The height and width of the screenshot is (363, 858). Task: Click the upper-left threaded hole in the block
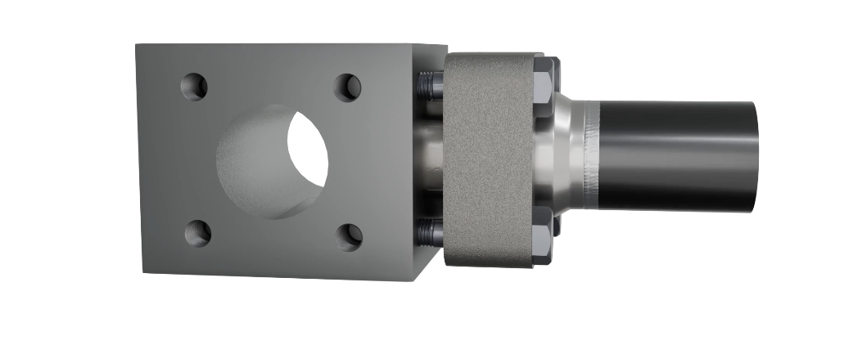point(194,86)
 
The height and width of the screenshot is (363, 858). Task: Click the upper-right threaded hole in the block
point(348,87)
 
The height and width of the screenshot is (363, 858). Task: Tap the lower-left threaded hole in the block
point(197,233)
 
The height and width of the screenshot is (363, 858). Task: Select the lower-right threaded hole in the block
point(350,237)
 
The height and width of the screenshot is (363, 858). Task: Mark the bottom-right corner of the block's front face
point(416,280)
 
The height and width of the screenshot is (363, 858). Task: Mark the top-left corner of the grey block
point(136,45)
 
